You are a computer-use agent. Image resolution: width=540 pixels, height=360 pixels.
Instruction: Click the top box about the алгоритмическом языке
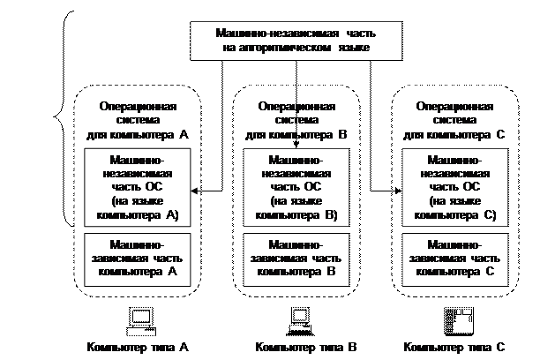coord(296,41)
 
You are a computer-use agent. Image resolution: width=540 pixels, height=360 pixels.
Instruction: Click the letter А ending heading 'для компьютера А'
coord(184,135)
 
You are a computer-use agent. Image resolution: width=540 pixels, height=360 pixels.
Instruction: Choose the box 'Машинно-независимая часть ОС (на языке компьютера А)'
coord(137,188)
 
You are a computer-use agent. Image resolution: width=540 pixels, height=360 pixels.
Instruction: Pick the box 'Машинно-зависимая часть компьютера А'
coord(137,259)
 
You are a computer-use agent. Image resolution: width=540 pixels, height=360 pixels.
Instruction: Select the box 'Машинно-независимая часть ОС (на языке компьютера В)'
coord(296,188)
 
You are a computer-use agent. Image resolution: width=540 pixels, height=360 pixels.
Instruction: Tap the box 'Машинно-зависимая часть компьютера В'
coord(296,259)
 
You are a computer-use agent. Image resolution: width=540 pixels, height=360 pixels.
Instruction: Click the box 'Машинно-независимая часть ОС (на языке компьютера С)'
coord(454,188)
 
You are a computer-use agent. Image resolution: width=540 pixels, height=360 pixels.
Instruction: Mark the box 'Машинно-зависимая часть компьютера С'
coord(454,259)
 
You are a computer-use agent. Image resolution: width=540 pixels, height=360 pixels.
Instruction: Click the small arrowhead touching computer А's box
coord(194,191)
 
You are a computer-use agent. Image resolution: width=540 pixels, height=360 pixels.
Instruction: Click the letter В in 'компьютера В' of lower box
coord(330,273)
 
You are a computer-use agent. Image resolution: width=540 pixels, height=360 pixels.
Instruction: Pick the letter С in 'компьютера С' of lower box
coord(488,273)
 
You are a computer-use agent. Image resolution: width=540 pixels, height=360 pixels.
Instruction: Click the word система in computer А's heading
coord(137,121)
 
